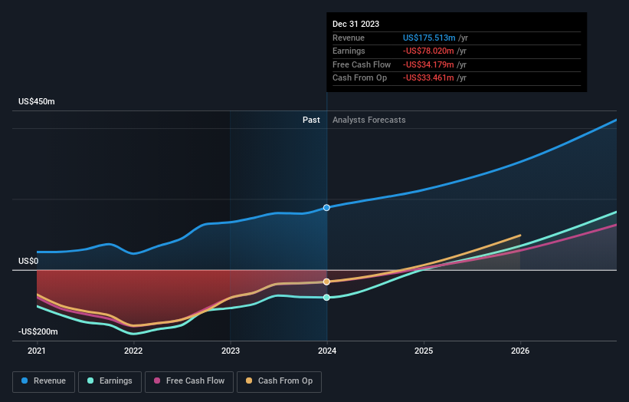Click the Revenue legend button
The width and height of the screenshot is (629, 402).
click(x=44, y=381)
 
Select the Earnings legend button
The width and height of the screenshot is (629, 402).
click(x=110, y=381)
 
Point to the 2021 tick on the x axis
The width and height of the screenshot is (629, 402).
click(x=37, y=351)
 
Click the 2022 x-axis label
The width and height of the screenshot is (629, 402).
click(x=133, y=351)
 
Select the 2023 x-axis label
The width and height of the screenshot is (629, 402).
click(x=230, y=351)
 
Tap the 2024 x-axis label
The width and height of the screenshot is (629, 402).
click(x=327, y=351)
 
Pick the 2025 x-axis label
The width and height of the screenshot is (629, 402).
click(x=424, y=351)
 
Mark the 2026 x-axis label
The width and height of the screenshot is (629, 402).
click(x=520, y=351)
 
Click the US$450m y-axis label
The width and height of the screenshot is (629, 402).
click(x=37, y=102)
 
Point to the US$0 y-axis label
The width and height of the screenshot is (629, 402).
click(x=28, y=262)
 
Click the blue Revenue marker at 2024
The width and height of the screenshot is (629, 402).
click(x=327, y=208)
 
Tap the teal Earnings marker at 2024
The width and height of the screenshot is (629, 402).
click(x=327, y=298)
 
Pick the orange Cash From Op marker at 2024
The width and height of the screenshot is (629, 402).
click(x=327, y=282)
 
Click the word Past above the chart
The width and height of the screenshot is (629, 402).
click(x=311, y=120)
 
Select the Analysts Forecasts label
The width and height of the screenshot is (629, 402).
click(x=369, y=120)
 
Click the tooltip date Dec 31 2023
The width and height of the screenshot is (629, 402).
click(x=355, y=24)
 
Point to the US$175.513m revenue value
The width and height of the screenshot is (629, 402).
click(x=430, y=38)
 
